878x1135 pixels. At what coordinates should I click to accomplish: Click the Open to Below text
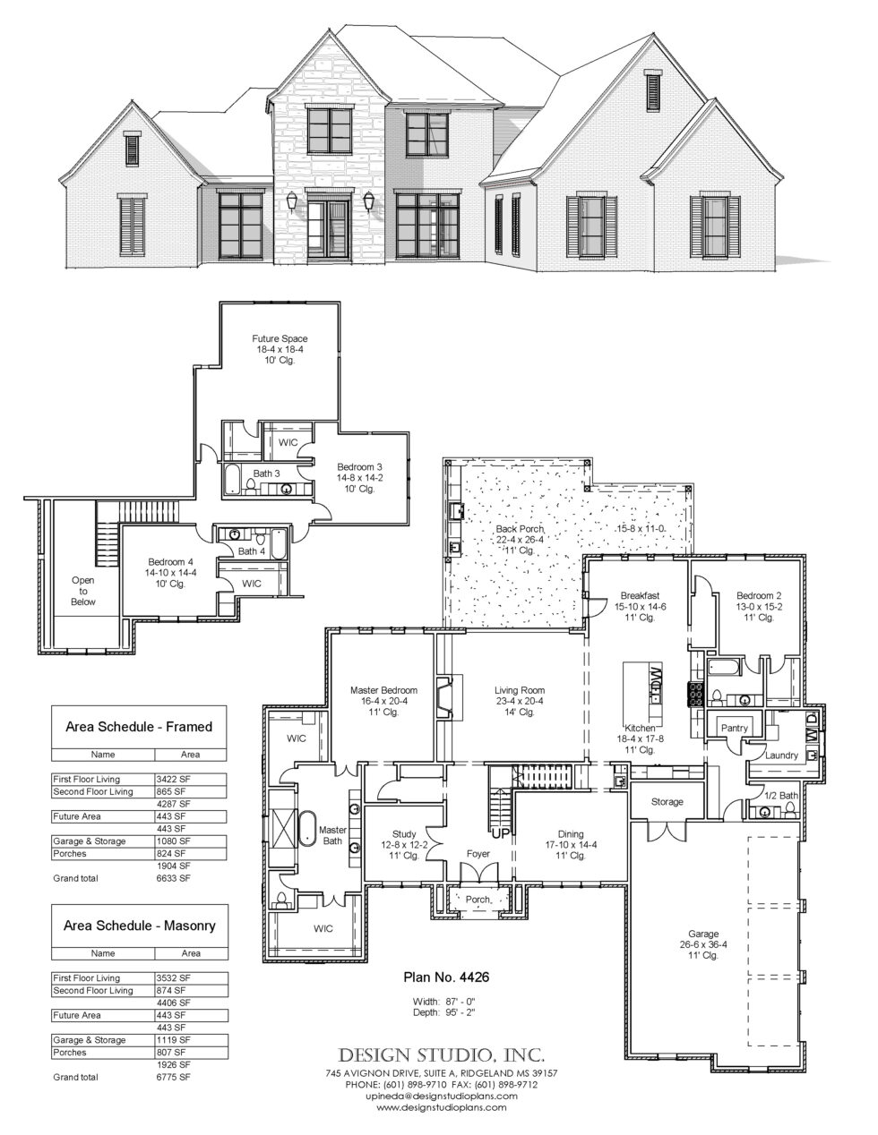coord(82,591)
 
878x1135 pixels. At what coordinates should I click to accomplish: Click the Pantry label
coord(735,729)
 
